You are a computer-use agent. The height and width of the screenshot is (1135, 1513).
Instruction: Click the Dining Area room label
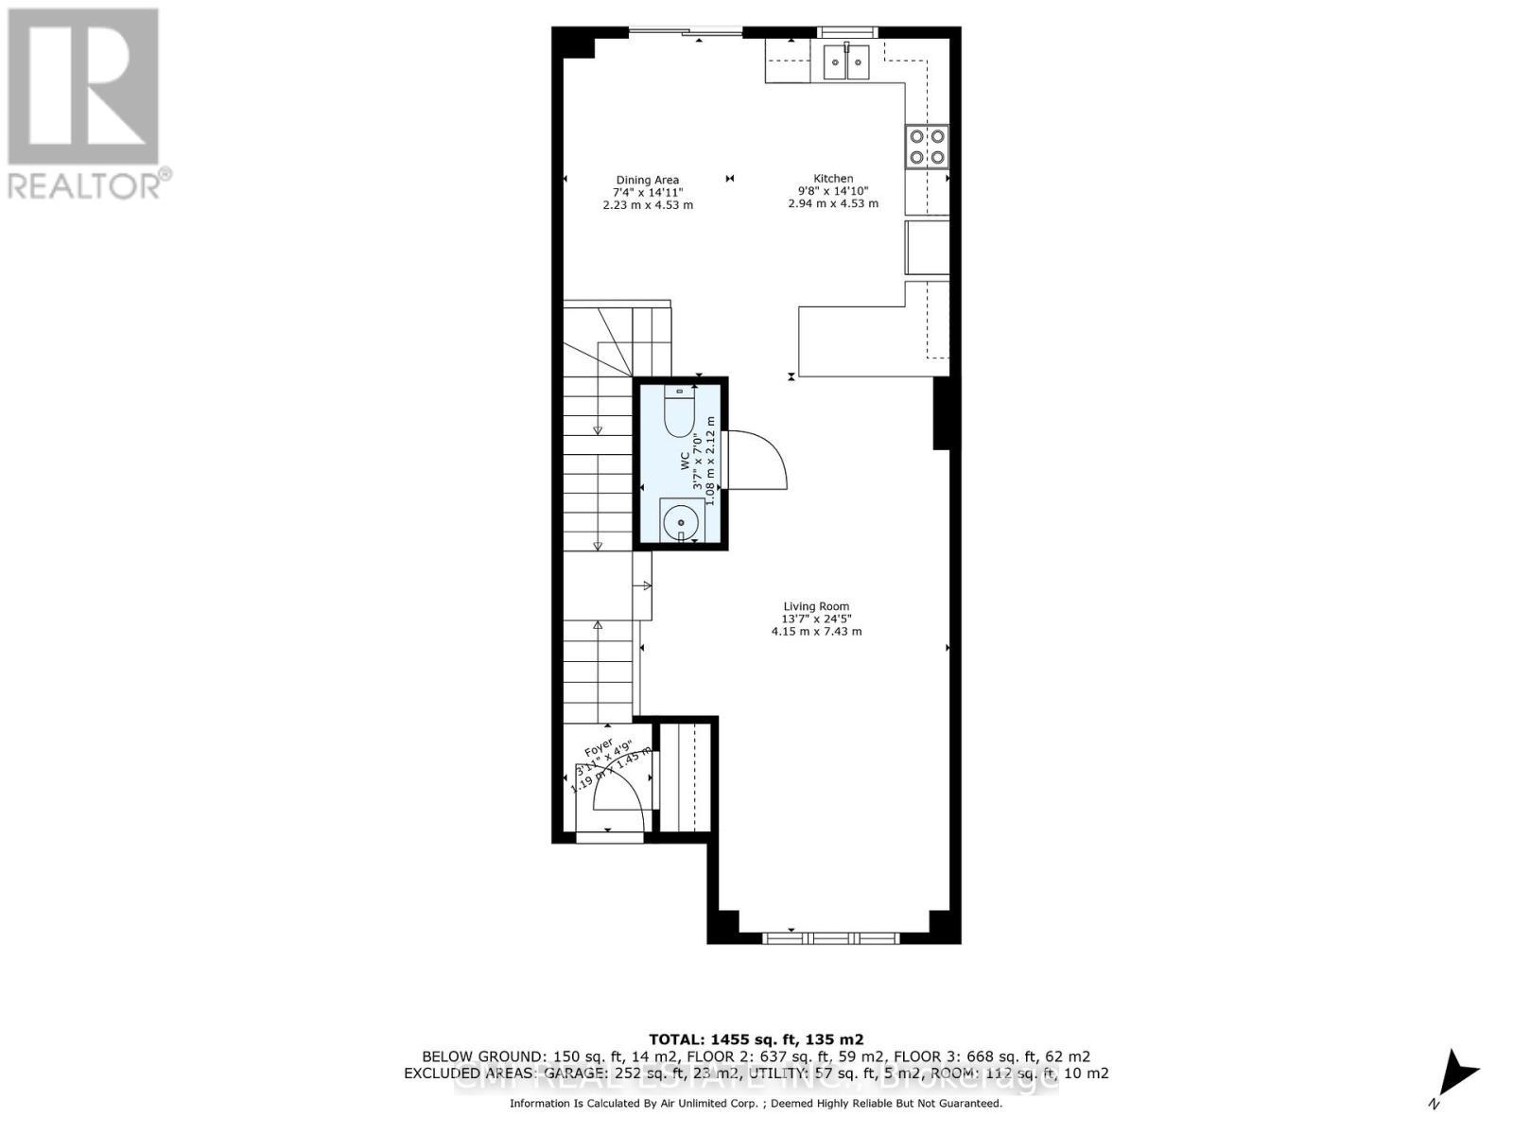coord(648,180)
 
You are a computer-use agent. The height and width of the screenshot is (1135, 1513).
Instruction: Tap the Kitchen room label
coord(833,179)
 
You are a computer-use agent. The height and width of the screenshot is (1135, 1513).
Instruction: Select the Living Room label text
coord(816,606)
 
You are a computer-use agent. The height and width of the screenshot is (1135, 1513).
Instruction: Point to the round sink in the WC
coord(680,520)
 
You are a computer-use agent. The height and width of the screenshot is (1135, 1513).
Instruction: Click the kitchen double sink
coord(846,63)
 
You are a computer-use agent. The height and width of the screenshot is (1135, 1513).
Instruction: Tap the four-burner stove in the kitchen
coord(927,147)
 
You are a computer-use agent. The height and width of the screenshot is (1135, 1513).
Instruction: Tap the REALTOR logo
coord(85,104)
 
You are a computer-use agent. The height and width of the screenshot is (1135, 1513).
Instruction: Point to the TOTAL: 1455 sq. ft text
coord(756,1039)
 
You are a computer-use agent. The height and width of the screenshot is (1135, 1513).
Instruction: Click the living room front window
coord(830,937)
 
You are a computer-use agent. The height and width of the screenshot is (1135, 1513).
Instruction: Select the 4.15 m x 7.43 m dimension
coord(816,631)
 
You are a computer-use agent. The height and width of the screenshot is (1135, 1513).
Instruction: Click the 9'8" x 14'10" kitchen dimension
coord(833,191)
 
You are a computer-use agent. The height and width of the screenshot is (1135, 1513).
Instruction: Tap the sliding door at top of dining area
coord(686,33)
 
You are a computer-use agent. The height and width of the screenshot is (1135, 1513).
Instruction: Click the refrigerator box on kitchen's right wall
coord(927,248)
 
